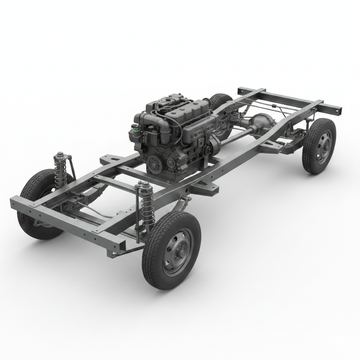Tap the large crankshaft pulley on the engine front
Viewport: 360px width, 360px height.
155,164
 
